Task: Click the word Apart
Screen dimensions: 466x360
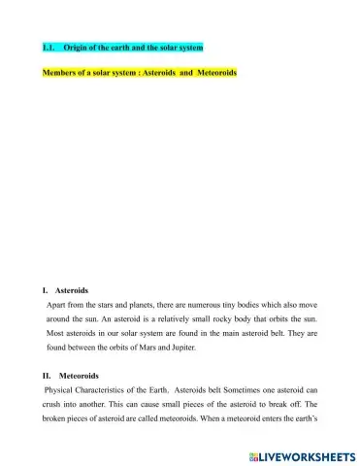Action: (56, 305)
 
